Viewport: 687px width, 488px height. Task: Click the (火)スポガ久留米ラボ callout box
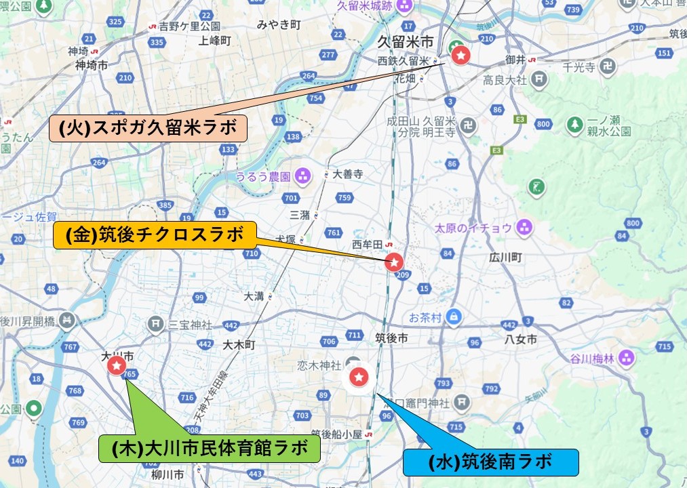pos(148,127)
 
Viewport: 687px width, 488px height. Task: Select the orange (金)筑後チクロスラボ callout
pos(155,235)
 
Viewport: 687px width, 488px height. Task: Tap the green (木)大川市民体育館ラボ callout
pos(210,448)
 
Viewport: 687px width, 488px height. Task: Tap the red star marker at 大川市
pos(116,366)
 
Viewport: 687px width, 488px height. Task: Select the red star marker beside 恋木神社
pos(358,375)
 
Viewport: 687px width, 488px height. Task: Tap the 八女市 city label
pos(521,339)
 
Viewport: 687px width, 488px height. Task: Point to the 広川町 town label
pos(505,258)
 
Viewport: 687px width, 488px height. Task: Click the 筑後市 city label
pos(391,338)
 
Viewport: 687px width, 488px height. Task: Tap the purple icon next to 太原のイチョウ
pos(524,227)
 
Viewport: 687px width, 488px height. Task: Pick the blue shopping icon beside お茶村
pos(454,316)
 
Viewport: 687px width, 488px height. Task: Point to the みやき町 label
pos(279,25)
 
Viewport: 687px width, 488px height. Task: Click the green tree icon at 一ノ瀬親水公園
pos(575,124)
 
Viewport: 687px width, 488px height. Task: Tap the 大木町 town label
pos(238,345)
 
